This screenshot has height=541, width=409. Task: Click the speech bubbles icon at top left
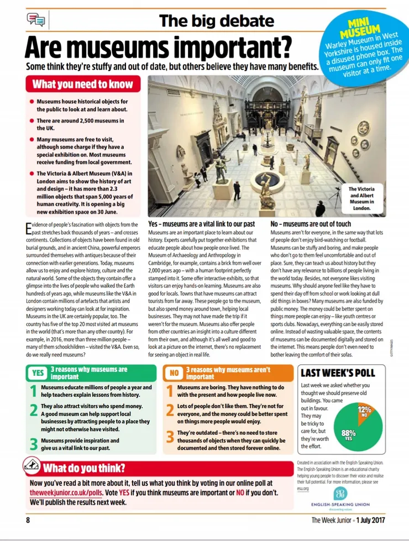(x=35, y=20)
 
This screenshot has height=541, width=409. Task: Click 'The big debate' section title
(x=216, y=22)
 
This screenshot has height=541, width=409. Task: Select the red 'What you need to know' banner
(x=82, y=84)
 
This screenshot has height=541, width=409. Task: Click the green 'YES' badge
(x=38, y=372)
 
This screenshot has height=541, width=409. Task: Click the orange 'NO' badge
(x=174, y=372)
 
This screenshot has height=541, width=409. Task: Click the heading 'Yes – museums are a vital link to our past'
(x=201, y=224)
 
